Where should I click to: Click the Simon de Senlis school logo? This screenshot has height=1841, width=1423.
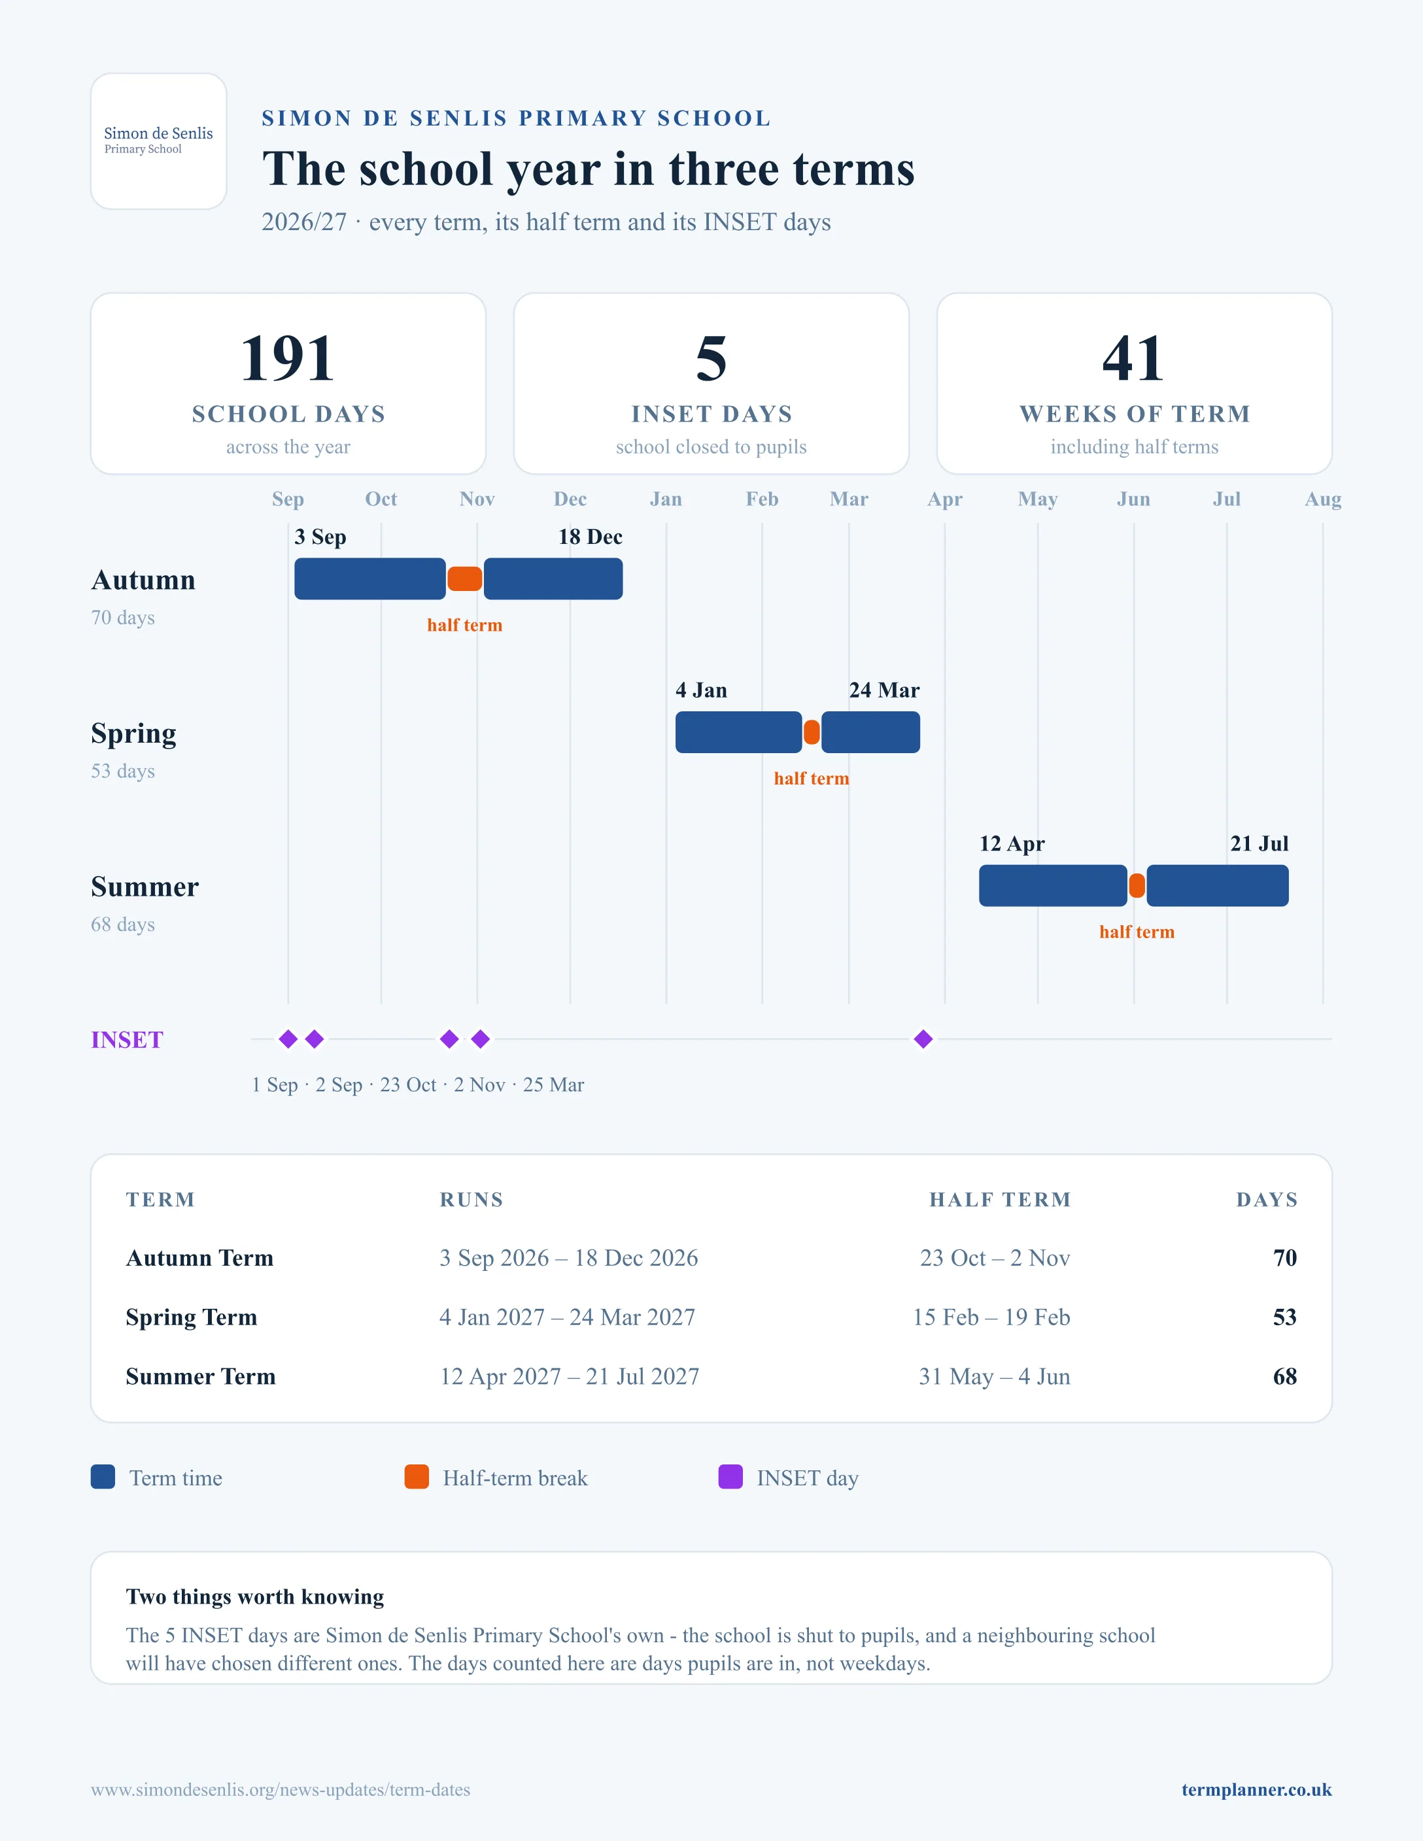pos(158,141)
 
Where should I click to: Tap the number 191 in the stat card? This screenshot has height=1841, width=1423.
pos(288,358)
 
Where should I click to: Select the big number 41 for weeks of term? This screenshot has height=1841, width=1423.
pos(1134,358)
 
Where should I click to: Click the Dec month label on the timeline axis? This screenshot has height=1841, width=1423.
pos(570,499)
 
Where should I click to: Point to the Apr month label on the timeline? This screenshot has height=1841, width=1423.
pos(944,499)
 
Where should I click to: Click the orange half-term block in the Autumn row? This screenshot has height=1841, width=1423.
pos(464,579)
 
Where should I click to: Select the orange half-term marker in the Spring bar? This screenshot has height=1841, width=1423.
pos(812,732)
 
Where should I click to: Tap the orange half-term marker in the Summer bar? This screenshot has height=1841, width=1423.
pos(1137,886)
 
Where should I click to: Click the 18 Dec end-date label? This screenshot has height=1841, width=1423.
pos(590,537)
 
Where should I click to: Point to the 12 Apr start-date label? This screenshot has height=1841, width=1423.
pos(1012,844)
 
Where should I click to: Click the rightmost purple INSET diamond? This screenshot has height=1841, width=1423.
pos(923,1039)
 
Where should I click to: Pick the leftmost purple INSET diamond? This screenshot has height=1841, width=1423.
pos(288,1039)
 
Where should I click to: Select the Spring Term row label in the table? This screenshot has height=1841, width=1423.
pos(192,1317)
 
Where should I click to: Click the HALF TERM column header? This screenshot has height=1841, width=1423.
pos(1000,1200)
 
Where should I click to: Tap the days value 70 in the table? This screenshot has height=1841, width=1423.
pos(1285,1258)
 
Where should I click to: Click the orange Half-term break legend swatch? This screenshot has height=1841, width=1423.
pos(417,1477)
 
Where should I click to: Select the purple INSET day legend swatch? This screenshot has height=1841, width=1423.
pos(730,1477)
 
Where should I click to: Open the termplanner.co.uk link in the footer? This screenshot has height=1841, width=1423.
pos(1256,1789)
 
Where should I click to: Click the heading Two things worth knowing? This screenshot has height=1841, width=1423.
pos(254,1596)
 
